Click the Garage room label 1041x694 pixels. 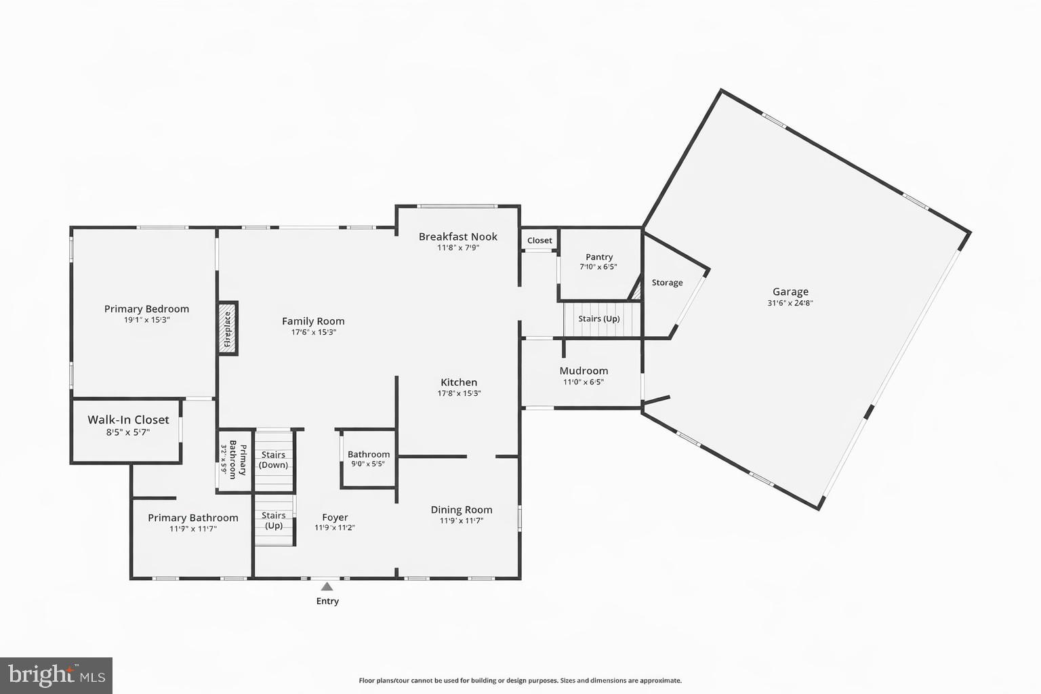(790, 292)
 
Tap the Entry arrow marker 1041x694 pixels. (327, 587)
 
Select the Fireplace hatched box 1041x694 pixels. (228, 328)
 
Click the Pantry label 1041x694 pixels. (599, 257)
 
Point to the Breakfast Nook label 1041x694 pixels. (457, 237)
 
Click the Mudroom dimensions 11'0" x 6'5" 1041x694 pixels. (584, 382)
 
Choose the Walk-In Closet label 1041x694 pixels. (128, 420)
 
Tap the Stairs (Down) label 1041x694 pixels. (274, 460)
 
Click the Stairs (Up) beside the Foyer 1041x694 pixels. (274, 520)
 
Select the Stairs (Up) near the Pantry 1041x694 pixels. (599, 319)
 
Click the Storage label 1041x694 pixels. (667, 283)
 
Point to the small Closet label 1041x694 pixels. (539, 241)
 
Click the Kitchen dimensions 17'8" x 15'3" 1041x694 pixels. (459, 394)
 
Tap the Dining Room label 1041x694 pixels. (462, 510)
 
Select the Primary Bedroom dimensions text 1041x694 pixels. (146, 320)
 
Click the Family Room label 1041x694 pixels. (313, 321)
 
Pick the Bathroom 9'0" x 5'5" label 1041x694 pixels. (369, 459)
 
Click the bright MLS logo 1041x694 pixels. (56, 676)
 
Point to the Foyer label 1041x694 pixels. (335, 517)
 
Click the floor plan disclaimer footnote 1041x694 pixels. (520, 680)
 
